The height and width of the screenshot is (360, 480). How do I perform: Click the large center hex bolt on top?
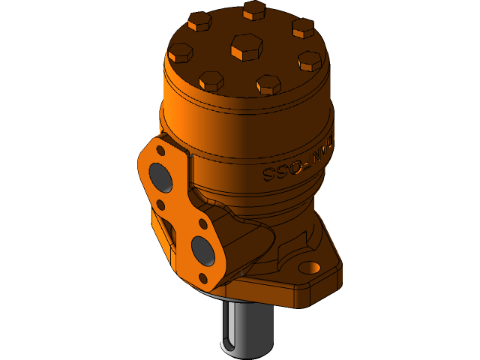click(247, 47)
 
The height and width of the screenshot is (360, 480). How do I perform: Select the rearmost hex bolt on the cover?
click(254, 10)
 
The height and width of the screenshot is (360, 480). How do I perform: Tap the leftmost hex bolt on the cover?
click(181, 52)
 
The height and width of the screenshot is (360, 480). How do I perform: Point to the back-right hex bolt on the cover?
click(303, 28)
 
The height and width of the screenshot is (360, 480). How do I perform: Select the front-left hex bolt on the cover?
click(211, 80)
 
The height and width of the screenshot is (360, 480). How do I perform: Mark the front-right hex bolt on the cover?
click(268, 84)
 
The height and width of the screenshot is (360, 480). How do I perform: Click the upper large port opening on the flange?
click(161, 177)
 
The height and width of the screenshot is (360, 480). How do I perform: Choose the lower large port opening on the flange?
click(202, 251)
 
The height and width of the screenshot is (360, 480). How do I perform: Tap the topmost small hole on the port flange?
click(160, 150)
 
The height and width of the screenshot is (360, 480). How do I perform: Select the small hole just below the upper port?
click(160, 205)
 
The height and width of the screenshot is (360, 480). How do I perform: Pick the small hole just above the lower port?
click(202, 224)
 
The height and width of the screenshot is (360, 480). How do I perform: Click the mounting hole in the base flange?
click(309, 267)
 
